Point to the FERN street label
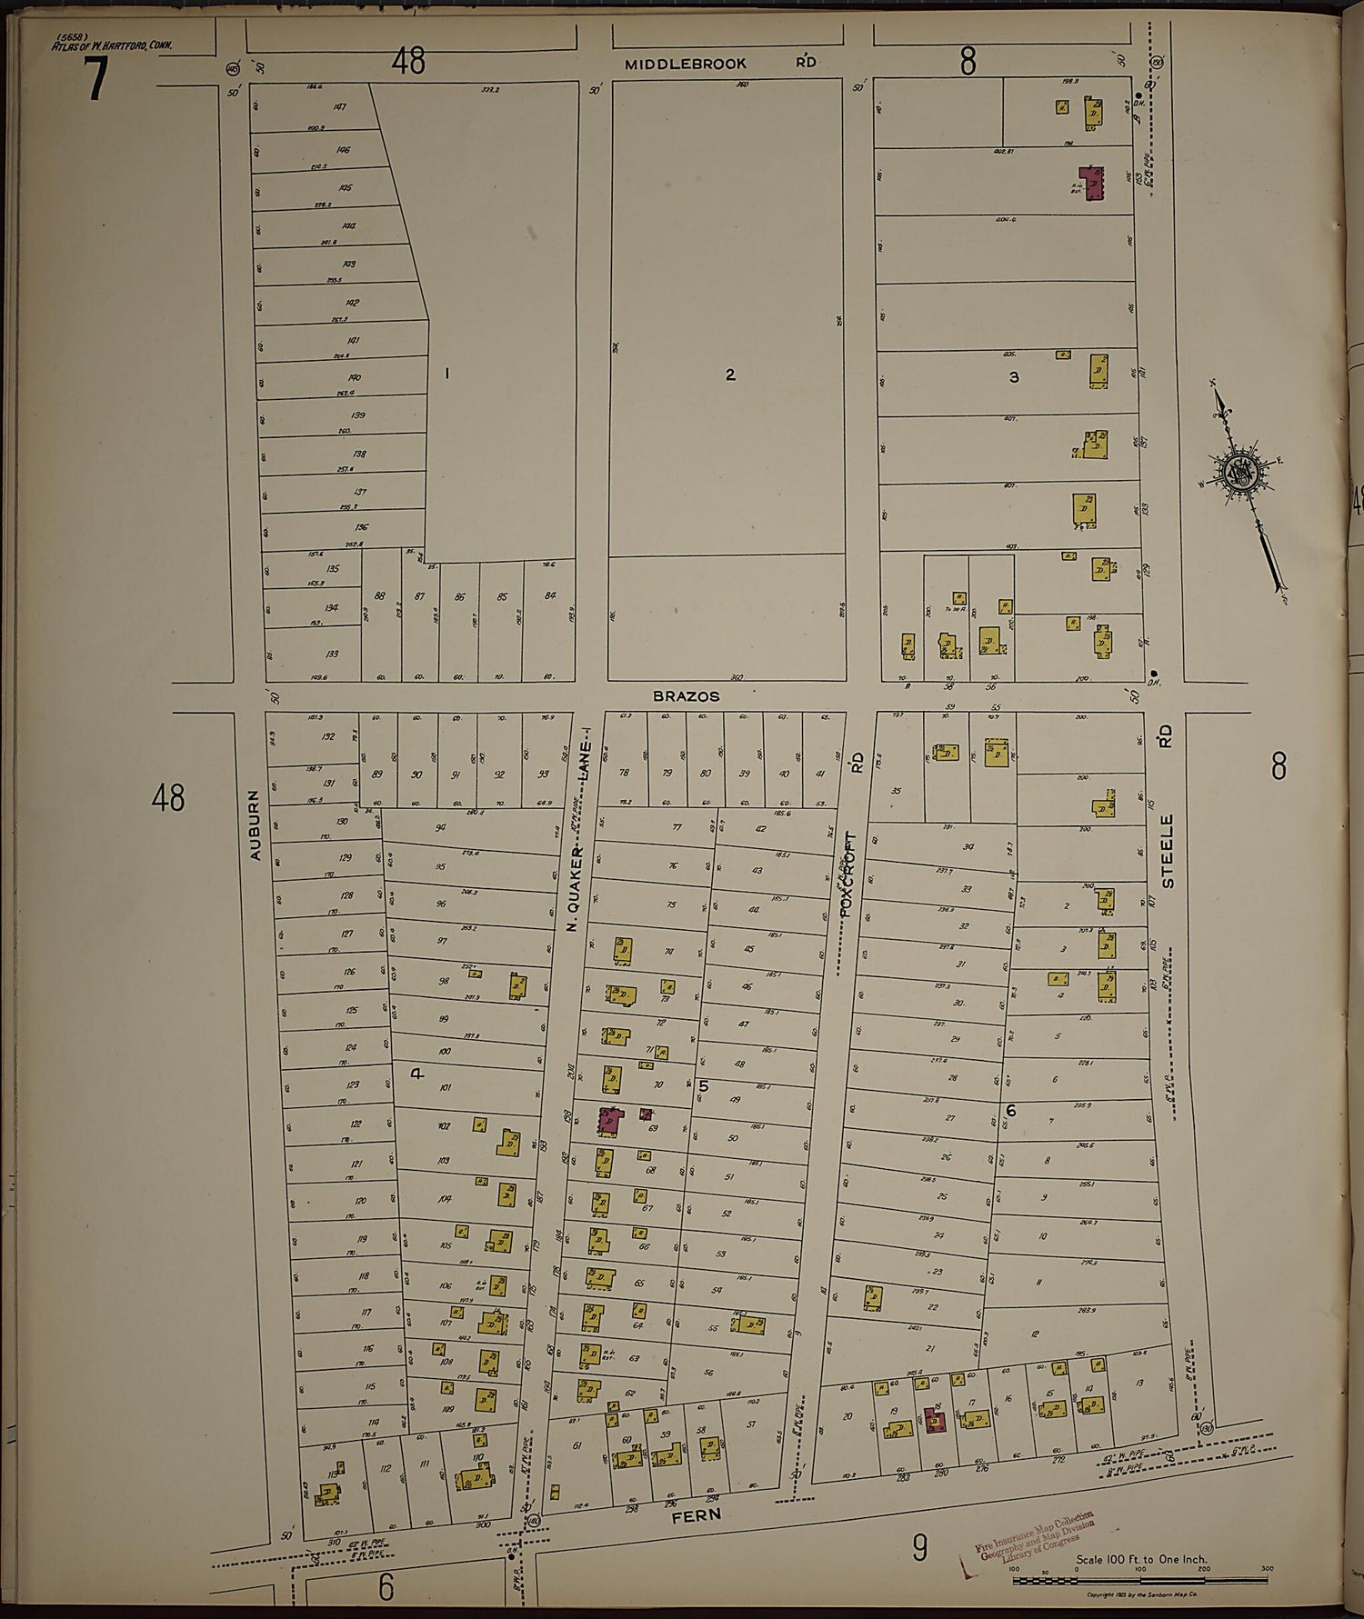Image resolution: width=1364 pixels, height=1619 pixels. tap(697, 1515)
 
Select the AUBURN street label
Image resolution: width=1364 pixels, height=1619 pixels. tap(256, 824)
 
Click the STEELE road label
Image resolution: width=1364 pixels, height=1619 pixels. tap(1168, 851)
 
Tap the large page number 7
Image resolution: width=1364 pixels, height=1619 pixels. tap(95, 79)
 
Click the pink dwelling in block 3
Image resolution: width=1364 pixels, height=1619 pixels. tap(1091, 181)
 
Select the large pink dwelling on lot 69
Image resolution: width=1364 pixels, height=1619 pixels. tap(609, 1120)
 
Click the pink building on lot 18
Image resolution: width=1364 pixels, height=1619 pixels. tap(934, 1420)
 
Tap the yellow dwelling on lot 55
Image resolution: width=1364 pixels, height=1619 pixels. tap(747, 1324)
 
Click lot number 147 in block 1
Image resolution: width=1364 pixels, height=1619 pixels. tap(340, 107)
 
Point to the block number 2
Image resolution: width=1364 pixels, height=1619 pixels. tap(729, 375)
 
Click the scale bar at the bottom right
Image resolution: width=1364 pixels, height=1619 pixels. tap(1141, 1581)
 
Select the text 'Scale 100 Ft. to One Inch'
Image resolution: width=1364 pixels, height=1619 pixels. tap(1141, 1559)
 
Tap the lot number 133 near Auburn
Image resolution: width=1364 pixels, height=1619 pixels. tap(332, 654)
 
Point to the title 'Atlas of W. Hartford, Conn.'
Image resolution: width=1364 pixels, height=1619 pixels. tap(112, 45)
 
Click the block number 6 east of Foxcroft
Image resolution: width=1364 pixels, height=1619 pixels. tap(1010, 1110)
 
